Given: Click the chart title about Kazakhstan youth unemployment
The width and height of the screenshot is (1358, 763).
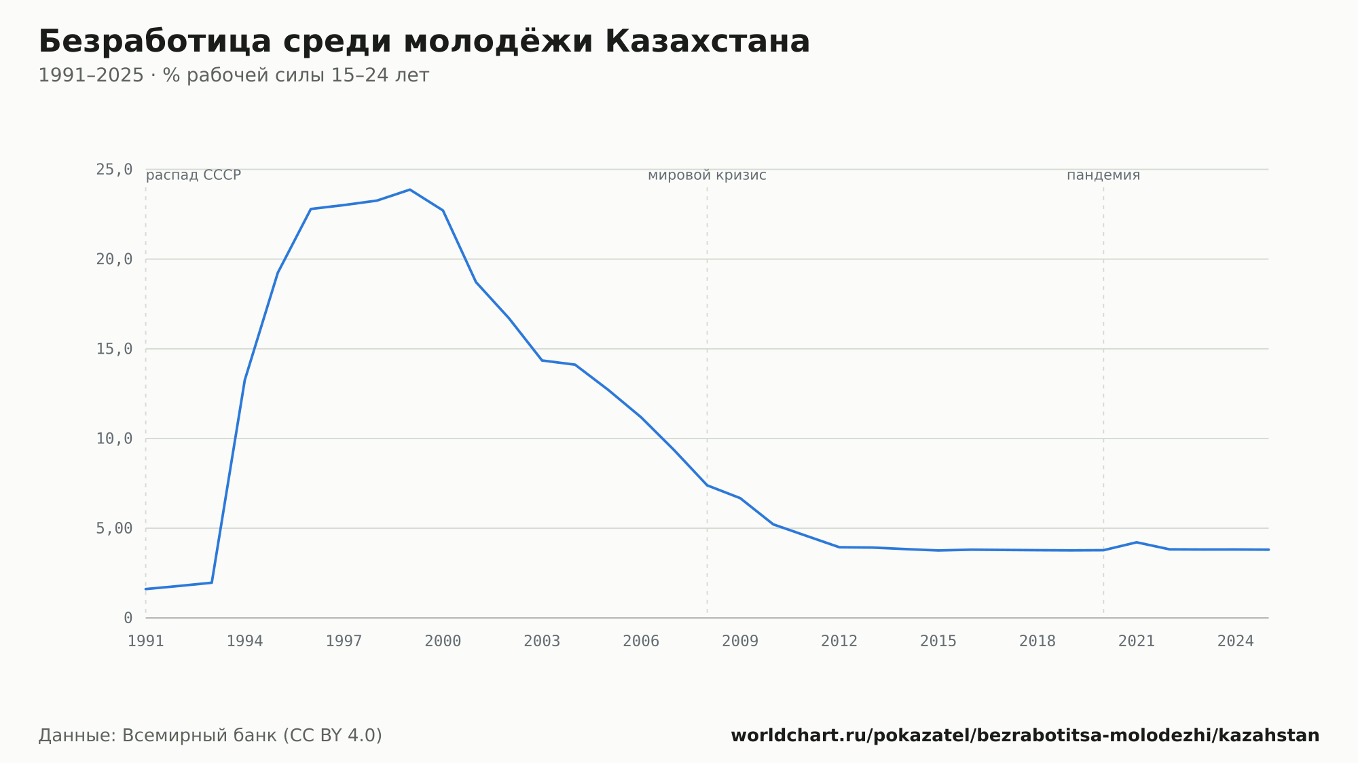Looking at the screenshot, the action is pyautogui.click(x=424, y=41).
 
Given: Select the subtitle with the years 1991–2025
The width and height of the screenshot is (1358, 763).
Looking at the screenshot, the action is pyautogui.click(x=234, y=75).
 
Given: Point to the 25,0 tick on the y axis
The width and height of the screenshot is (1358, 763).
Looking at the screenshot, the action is pyautogui.click(x=114, y=170).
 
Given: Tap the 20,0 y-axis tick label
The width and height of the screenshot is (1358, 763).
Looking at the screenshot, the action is pyautogui.click(x=114, y=259).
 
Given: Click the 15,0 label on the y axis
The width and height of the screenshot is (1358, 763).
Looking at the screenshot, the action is pyautogui.click(x=114, y=349).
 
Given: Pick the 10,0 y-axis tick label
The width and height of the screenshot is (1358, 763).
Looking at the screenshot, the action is pyautogui.click(x=114, y=439).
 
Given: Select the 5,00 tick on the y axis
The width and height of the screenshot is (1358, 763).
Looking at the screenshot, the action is pyautogui.click(x=114, y=528).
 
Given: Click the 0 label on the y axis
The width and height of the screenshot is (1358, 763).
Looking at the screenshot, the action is pyautogui.click(x=128, y=618).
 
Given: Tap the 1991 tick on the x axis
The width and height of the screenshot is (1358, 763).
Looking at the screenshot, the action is pyautogui.click(x=146, y=641).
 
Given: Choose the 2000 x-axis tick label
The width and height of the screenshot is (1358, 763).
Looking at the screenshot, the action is pyautogui.click(x=443, y=641).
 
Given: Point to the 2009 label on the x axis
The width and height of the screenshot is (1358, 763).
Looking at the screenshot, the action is pyautogui.click(x=740, y=641).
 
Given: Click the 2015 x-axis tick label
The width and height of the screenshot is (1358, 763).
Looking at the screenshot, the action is pyautogui.click(x=938, y=641).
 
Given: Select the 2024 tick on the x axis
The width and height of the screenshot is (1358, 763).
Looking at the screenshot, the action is pyautogui.click(x=1236, y=641).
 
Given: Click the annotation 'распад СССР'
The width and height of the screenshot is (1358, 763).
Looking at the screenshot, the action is pyautogui.click(x=194, y=175).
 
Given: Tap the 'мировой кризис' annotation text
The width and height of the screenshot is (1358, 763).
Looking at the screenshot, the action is pyautogui.click(x=707, y=175).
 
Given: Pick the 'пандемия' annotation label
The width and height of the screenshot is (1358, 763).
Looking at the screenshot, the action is pyautogui.click(x=1103, y=175).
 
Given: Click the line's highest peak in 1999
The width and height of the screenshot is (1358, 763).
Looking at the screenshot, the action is pyautogui.click(x=410, y=189).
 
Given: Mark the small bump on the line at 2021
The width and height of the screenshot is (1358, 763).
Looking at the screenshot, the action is pyautogui.click(x=1137, y=542).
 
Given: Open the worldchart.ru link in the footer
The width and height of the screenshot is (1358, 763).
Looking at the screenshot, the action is pyautogui.click(x=1025, y=736).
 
